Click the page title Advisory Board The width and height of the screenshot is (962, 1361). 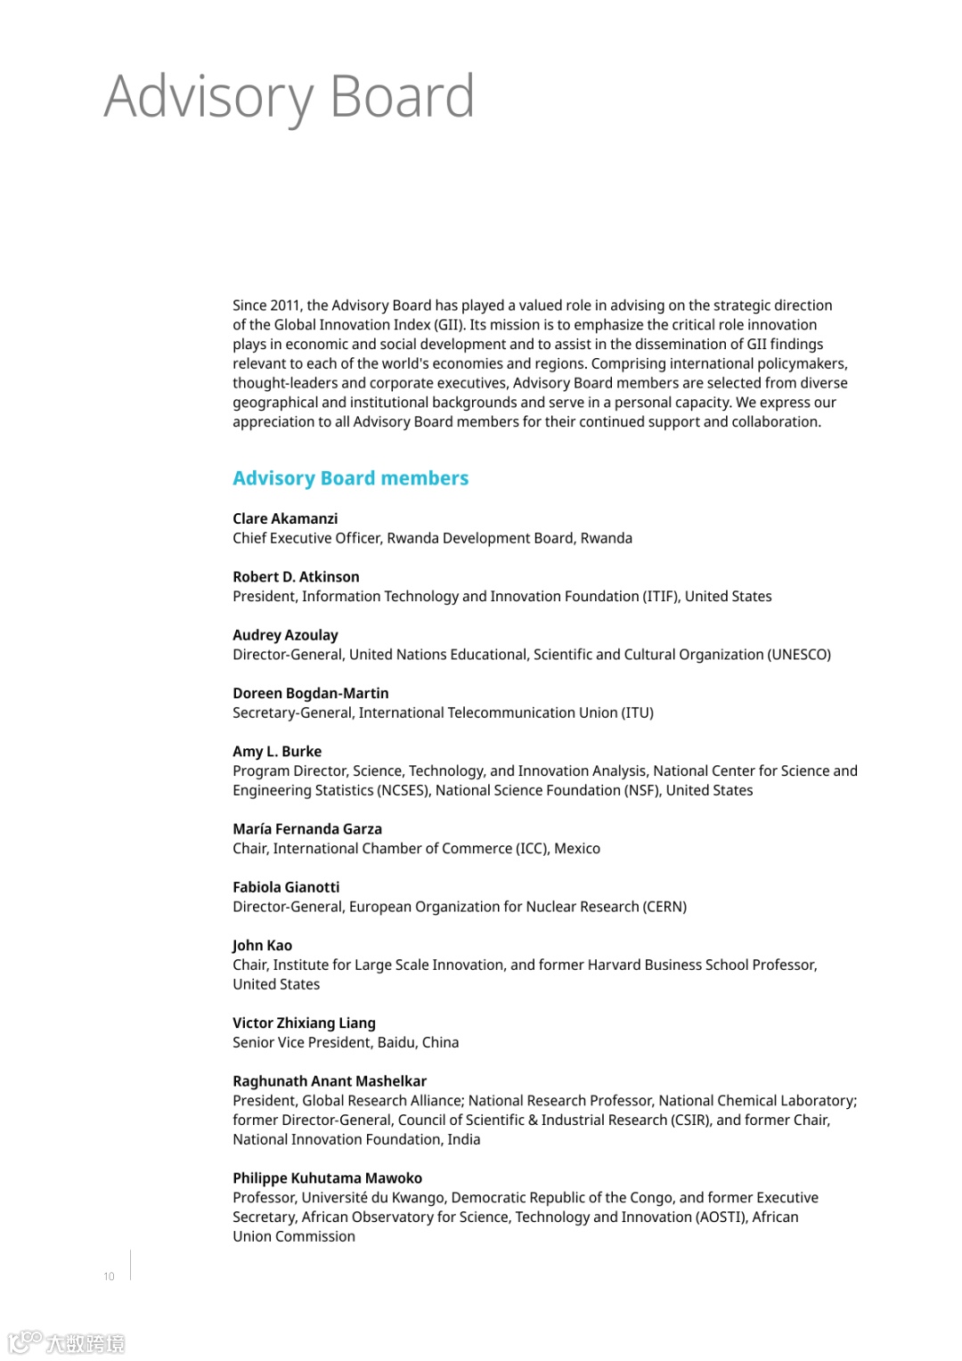click(289, 97)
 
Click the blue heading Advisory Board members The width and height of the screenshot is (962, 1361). click(350, 478)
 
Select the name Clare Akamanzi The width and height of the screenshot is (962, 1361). click(285, 518)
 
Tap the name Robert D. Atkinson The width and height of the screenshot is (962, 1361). click(296, 577)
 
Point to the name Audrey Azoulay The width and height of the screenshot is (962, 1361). click(285, 635)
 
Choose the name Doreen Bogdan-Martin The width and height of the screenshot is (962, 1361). click(310, 693)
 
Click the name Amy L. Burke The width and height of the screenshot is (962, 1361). click(277, 752)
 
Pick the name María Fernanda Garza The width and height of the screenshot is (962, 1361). click(306, 829)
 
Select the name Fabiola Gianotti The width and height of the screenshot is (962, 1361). click(286, 887)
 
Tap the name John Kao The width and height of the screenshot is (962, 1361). click(262, 946)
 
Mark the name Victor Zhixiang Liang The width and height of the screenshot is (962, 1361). click(304, 1023)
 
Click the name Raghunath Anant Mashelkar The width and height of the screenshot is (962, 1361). click(330, 1081)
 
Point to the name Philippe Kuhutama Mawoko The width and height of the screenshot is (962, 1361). click(327, 1178)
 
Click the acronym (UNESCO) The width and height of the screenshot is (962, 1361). click(799, 655)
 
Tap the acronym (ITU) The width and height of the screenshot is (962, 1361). click(638, 713)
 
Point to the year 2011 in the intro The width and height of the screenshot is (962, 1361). click(285, 306)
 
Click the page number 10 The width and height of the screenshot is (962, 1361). click(109, 1276)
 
